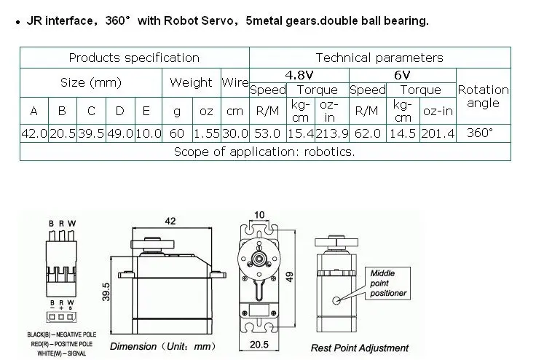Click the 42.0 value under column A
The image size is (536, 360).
pyautogui.click(x=33, y=134)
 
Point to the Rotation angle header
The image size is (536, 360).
pyautogui.click(x=483, y=96)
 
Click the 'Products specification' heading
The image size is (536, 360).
pyautogui.click(x=134, y=58)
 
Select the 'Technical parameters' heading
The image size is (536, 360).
pyautogui.click(x=379, y=58)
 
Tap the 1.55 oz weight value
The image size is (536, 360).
pyautogui.click(x=206, y=134)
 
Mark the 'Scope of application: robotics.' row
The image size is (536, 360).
pyautogui.click(x=264, y=152)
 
